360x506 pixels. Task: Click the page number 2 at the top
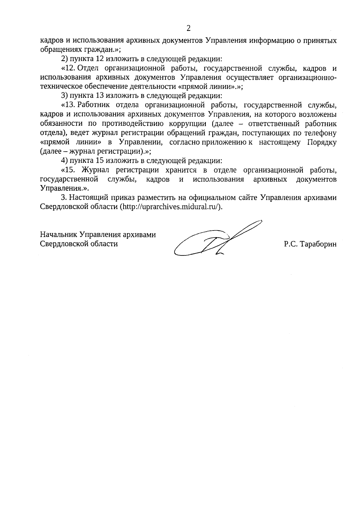point(188,28)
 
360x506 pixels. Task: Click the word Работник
point(94,105)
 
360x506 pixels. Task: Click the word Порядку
point(321,142)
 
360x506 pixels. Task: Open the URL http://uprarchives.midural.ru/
point(171,207)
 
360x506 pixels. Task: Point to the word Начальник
point(57,235)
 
